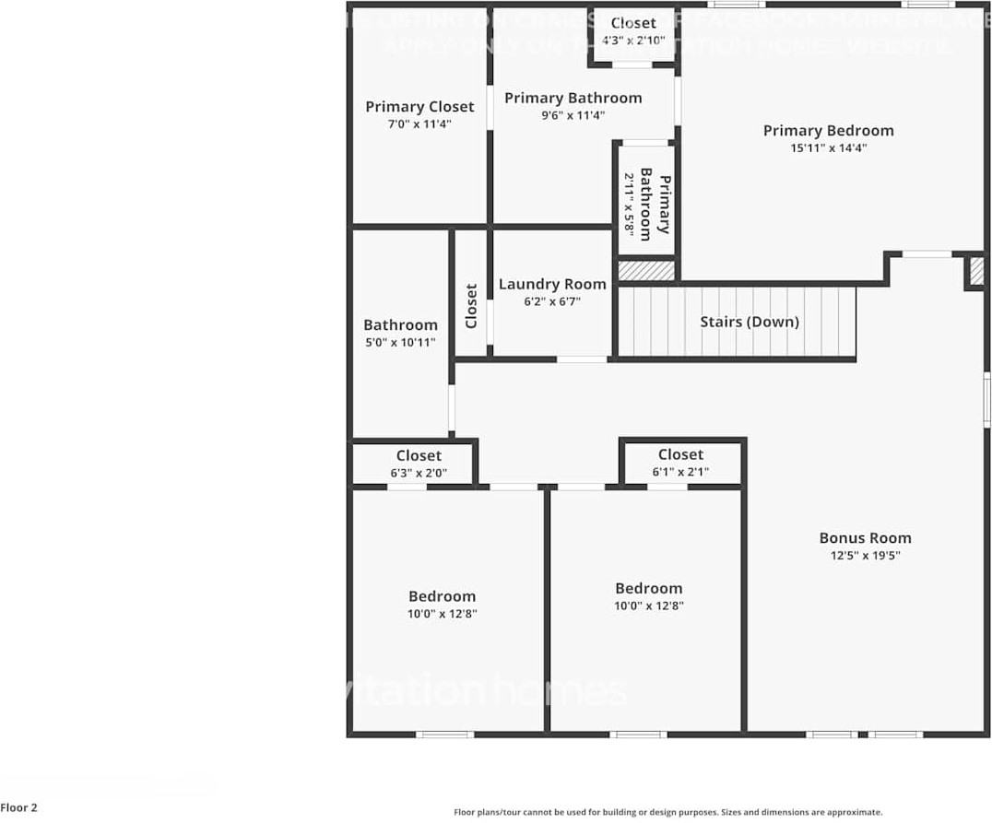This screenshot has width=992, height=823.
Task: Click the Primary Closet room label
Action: point(419,107)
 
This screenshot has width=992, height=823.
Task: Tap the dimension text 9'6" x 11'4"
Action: point(573,115)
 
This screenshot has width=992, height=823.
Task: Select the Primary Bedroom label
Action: point(828,131)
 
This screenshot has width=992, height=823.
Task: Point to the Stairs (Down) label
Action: point(749,322)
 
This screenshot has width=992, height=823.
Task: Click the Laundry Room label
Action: point(552,284)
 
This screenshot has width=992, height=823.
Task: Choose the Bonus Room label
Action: point(865,538)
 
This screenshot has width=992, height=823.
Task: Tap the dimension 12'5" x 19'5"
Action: point(865,556)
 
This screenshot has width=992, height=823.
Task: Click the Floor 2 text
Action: point(19,808)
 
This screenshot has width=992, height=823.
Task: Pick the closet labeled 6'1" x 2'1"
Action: point(680,463)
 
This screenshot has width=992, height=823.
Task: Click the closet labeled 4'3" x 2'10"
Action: point(633,31)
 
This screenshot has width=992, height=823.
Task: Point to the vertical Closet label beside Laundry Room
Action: point(471,306)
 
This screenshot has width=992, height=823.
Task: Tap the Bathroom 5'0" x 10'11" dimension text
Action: point(400,342)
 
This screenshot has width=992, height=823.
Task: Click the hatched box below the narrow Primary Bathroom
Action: point(645,270)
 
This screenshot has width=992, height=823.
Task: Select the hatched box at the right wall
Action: point(975,272)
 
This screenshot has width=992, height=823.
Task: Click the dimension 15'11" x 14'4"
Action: point(828,147)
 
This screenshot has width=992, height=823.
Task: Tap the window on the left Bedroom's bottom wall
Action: point(445,734)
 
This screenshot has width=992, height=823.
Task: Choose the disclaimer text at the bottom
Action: point(667,812)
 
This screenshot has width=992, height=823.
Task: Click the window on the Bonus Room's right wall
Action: point(986,400)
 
